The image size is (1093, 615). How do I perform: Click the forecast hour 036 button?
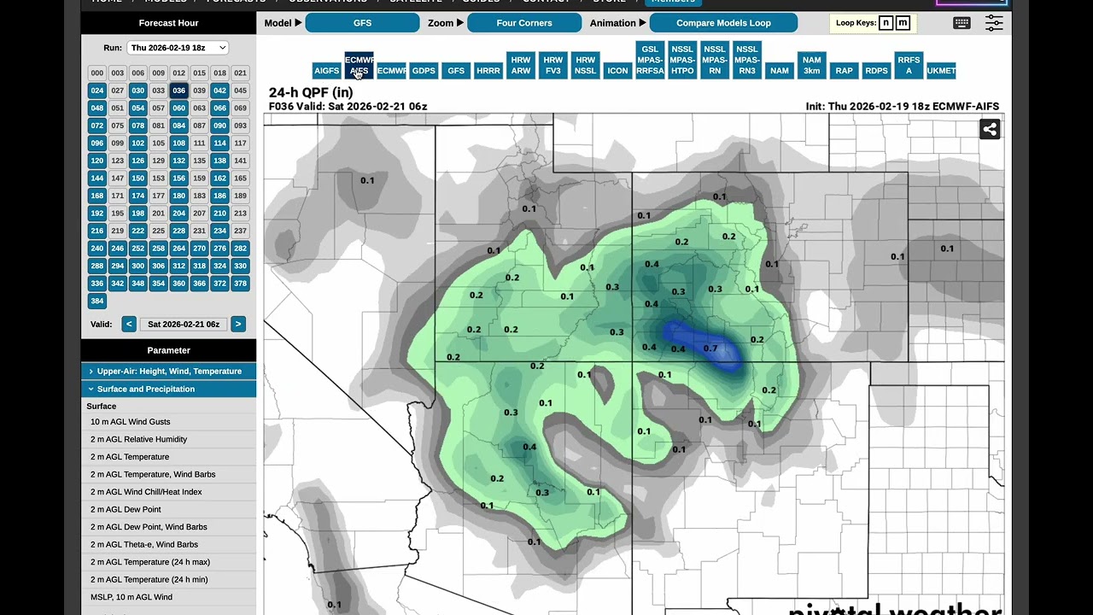(x=178, y=91)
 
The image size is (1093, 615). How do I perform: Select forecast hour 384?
(x=96, y=301)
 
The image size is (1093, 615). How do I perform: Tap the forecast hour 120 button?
(x=96, y=161)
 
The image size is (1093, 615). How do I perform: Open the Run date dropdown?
(x=177, y=48)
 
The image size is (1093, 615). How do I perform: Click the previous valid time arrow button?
(x=128, y=324)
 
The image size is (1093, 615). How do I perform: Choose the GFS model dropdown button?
(x=362, y=23)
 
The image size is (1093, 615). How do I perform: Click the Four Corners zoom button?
(x=524, y=23)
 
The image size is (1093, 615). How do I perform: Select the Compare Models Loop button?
(x=723, y=23)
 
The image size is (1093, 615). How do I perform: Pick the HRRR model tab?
(x=488, y=71)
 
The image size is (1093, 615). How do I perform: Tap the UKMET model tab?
(x=941, y=71)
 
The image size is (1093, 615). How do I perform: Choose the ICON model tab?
(x=617, y=71)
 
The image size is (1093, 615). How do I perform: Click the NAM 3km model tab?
(x=811, y=65)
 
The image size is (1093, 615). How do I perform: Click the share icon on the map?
(x=990, y=129)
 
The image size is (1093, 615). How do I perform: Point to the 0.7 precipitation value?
(x=710, y=348)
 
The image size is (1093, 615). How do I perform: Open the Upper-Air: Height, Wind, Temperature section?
(x=168, y=372)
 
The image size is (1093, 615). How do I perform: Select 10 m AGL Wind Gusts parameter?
(x=131, y=422)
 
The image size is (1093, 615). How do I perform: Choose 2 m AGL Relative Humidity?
(x=138, y=439)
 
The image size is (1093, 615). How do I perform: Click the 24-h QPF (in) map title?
(x=310, y=92)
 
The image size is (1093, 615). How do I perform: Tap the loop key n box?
(x=886, y=23)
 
